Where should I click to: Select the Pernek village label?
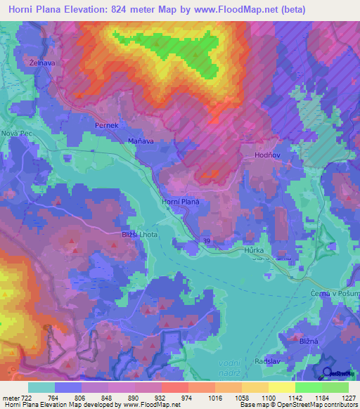click(x=107, y=124)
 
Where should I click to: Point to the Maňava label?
click(x=141, y=141)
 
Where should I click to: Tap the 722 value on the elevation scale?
click(x=20, y=398)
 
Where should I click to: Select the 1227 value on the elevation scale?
click(x=349, y=398)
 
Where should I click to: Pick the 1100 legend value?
click(x=266, y=398)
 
